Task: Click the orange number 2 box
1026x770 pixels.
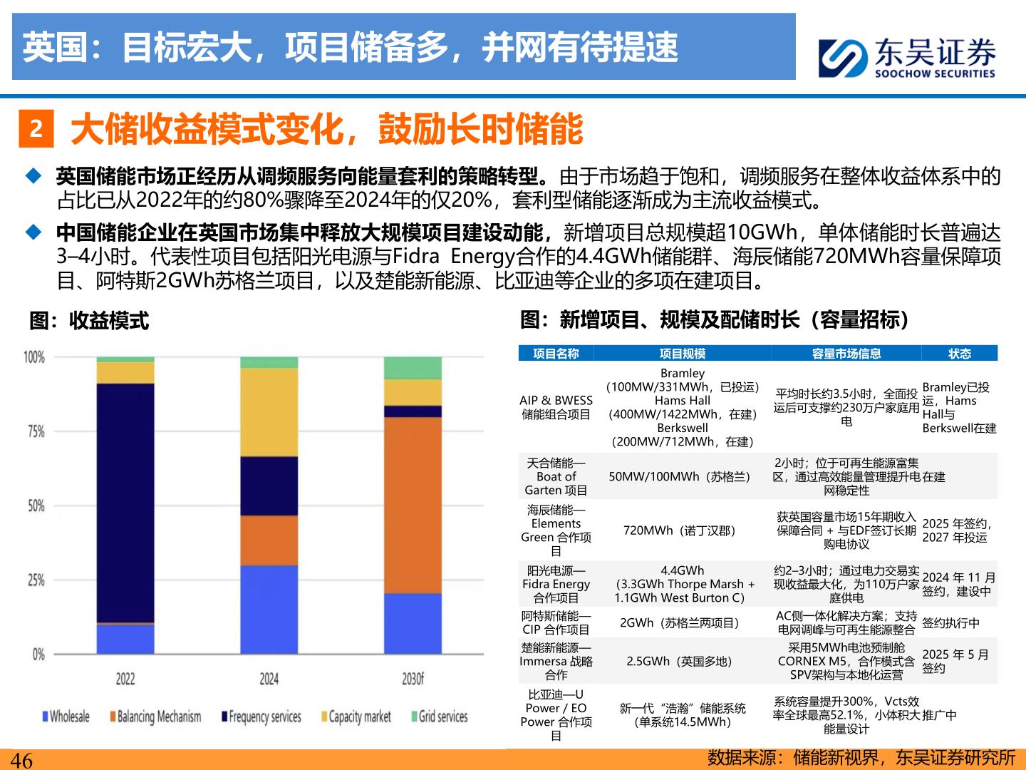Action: pos(36,129)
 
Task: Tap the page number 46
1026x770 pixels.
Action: pos(21,760)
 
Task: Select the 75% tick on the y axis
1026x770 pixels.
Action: pos(36,431)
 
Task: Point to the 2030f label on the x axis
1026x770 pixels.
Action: pos(413,679)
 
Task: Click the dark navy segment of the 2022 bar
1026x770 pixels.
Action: pos(125,503)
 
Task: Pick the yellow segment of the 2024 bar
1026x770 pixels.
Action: pos(269,412)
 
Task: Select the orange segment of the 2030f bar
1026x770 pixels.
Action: pos(413,505)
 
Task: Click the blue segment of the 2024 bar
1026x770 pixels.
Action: pos(269,610)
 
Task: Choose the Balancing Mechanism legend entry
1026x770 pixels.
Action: pos(155,717)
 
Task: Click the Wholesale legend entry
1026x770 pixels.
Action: pos(66,717)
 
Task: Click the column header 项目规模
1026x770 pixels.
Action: pos(682,354)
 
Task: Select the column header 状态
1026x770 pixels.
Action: pos(959,354)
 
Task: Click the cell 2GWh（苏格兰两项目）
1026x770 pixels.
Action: pos(679,622)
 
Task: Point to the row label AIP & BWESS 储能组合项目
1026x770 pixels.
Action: pos(556,407)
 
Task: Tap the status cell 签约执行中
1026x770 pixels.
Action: pos(950,622)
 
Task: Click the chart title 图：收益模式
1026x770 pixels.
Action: pos(89,321)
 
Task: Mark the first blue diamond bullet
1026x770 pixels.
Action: pos(33,175)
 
